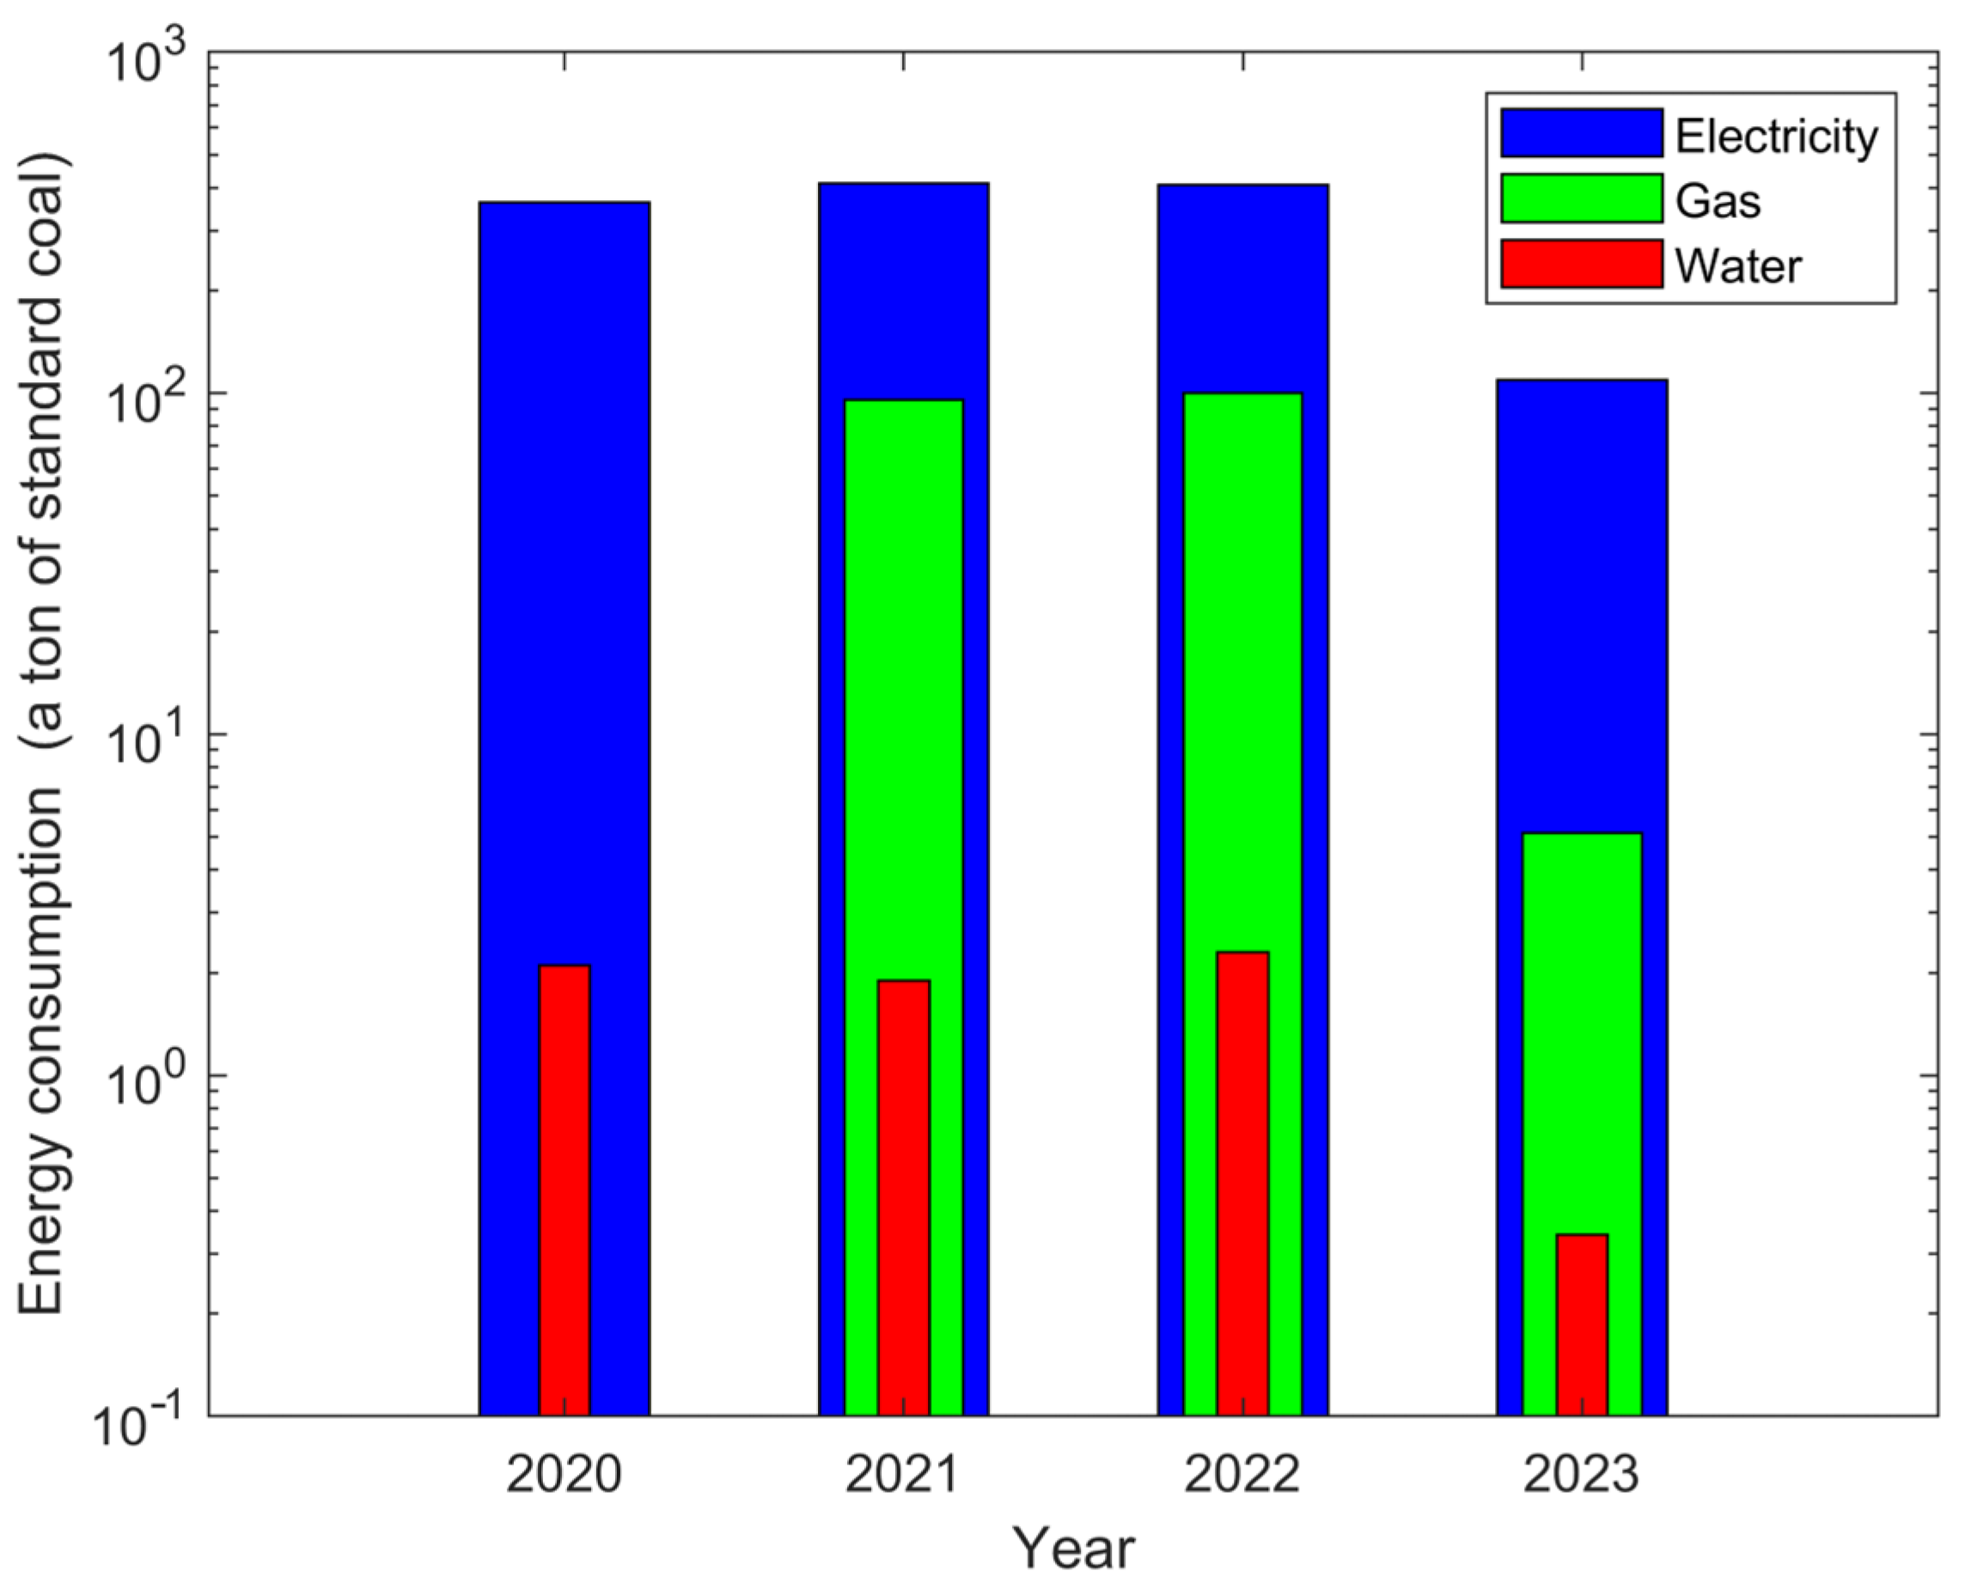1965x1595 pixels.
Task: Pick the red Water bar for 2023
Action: coord(1582,1324)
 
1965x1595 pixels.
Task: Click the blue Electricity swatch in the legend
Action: coord(1581,133)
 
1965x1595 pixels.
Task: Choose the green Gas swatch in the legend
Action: coord(1581,198)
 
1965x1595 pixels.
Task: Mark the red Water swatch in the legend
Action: coord(1581,264)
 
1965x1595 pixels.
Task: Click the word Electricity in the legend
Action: coord(1776,137)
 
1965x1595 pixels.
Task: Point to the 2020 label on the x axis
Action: coord(564,1475)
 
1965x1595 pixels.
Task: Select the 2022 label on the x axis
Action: coord(1242,1475)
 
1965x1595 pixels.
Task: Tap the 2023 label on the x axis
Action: coord(1582,1475)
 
